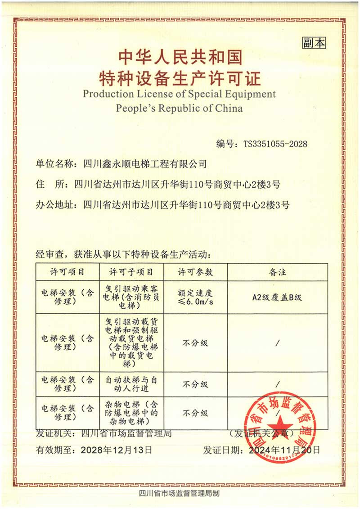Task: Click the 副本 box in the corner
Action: [x=314, y=43]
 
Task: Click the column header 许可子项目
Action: [x=131, y=272]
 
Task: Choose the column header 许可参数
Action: [x=195, y=272]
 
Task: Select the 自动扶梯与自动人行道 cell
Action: [x=131, y=384]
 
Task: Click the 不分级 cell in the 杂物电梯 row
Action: [x=195, y=412]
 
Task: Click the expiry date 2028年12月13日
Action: [x=116, y=449]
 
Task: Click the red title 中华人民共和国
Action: [x=180, y=57]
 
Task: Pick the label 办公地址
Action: [x=54, y=205]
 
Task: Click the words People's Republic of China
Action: [x=179, y=108]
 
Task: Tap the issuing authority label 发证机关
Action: [x=54, y=434]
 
